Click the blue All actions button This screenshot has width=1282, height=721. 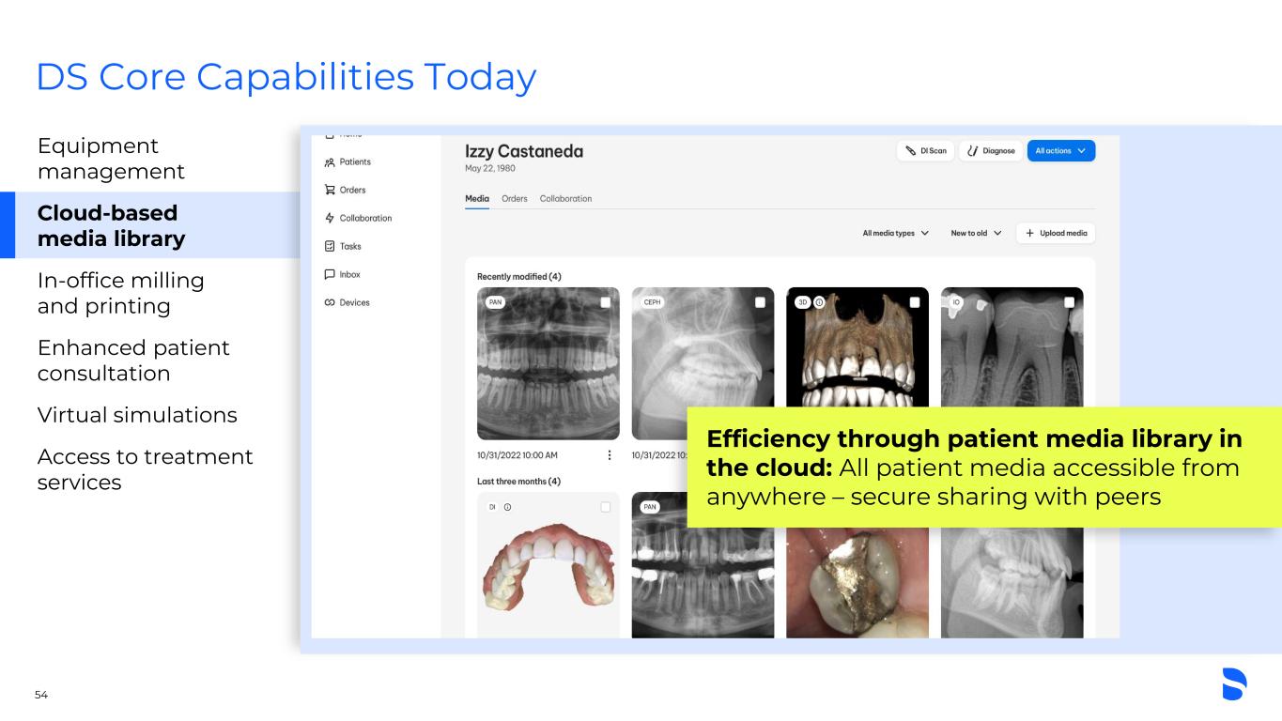(1061, 151)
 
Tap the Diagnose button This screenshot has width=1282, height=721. (991, 151)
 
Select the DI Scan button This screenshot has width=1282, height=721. (925, 151)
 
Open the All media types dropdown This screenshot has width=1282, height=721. (895, 234)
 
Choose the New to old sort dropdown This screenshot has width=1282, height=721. (976, 234)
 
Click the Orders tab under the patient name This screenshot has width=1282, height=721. (514, 199)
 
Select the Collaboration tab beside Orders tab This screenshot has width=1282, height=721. (565, 199)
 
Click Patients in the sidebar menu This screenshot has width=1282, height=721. (348, 161)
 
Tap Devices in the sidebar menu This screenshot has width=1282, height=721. (347, 302)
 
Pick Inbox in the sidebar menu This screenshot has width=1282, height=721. (342, 275)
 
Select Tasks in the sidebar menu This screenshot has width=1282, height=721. (343, 247)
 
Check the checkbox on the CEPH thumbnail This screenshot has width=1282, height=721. (760, 302)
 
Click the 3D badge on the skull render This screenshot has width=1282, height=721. (802, 302)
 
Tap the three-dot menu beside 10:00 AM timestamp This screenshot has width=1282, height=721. (609, 455)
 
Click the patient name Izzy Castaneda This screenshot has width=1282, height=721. (524, 152)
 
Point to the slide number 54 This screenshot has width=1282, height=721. (41, 695)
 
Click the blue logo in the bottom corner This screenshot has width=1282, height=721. (1234, 683)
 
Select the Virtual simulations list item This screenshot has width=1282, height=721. (137, 415)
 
